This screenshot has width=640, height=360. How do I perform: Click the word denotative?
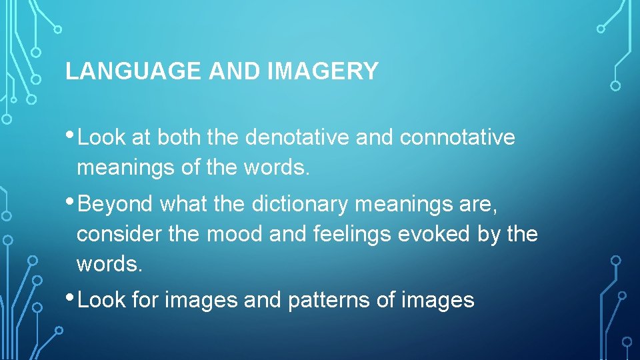tap(297, 137)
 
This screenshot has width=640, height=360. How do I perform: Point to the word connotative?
tap(457, 137)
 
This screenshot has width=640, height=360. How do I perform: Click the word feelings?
tap(358, 235)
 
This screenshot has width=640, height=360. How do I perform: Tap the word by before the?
tap(494, 235)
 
